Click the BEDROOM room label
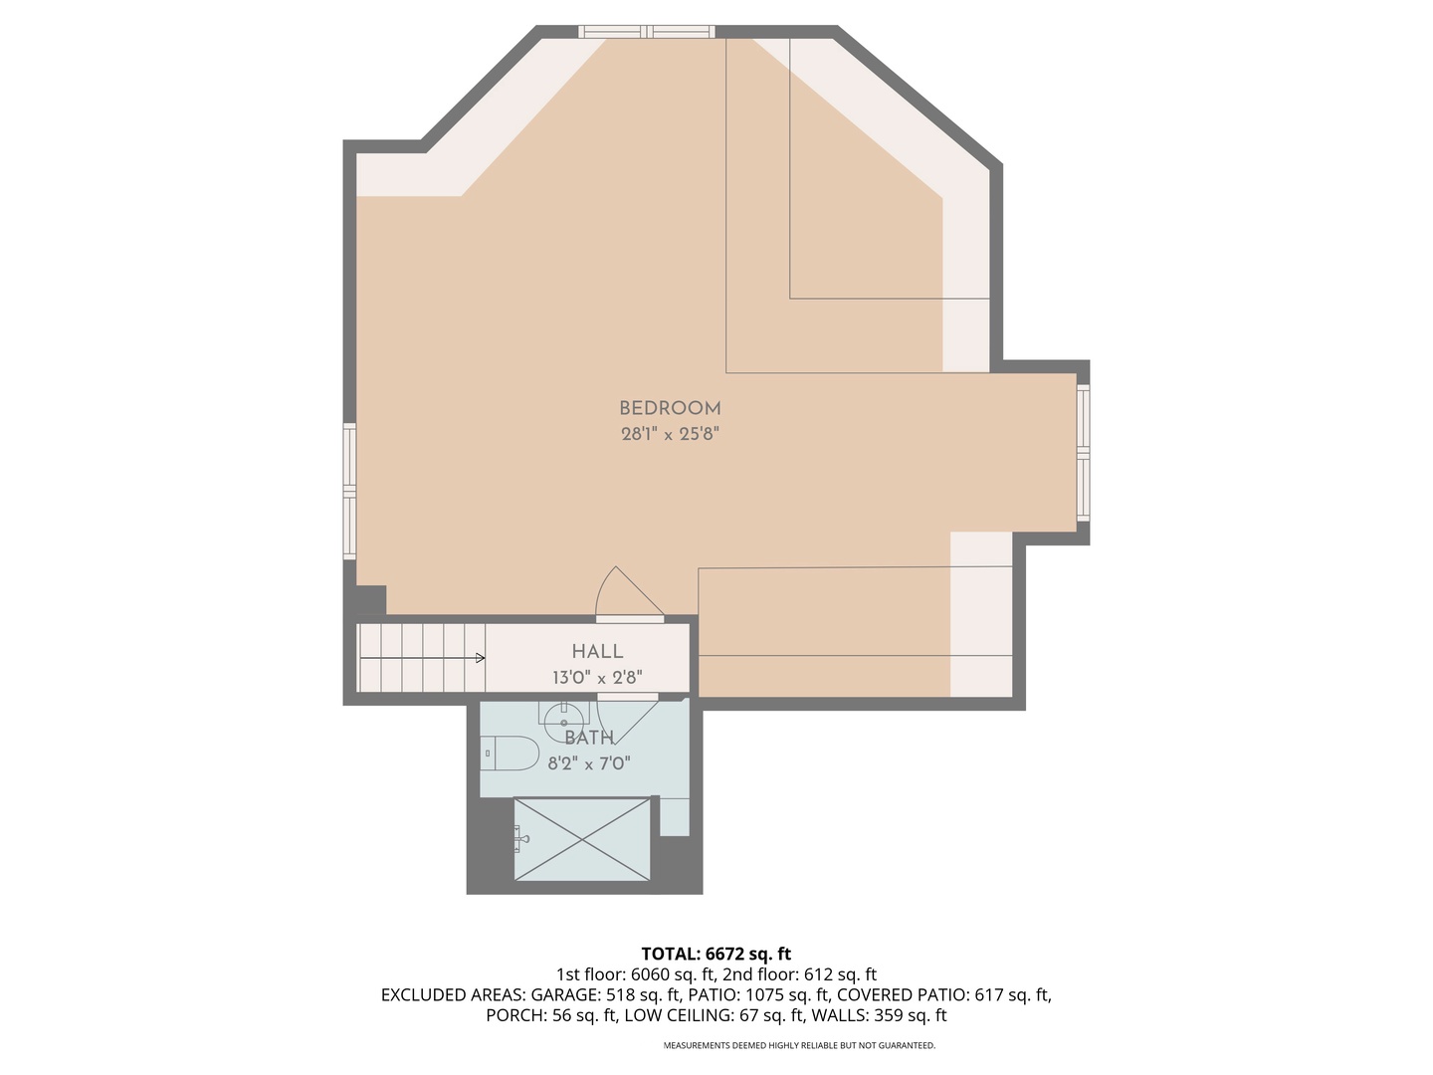tap(670, 408)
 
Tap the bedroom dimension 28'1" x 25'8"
tap(670, 434)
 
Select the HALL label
tap(597, 651)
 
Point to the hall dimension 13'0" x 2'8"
tap(597, 678)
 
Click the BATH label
tap(589, 738)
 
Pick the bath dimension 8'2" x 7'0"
tap(589, 764)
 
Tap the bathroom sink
tap(564, 716)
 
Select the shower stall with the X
tap(581, 839)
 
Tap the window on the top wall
tap(647, 32)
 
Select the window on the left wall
tap(349, 491)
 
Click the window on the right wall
tap(1084, 454)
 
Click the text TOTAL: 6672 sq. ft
tap(716, 955)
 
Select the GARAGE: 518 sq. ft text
tap(606, 995)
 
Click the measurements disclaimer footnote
tap(799, 1046)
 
